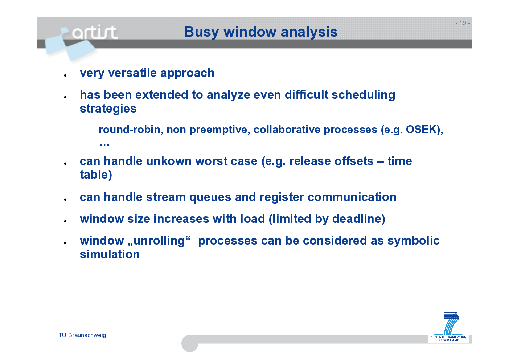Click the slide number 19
[x=463, y=23]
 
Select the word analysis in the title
[x=309, y=32]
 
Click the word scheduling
[x=364, y=95]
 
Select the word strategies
[x=108, y=109]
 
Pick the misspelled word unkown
[x=169, y=161]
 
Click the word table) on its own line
[x=96, y=175]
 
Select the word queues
[x=210, y=197]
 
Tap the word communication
[x=352, y=197]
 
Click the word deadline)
[x=359, y=219]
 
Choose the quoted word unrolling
[x=159, y=241]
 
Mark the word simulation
[x=110, y=254]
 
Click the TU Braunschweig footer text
[x=82, y=335]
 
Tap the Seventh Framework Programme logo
[x=449, y=327]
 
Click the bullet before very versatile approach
[x=65, y=75]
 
